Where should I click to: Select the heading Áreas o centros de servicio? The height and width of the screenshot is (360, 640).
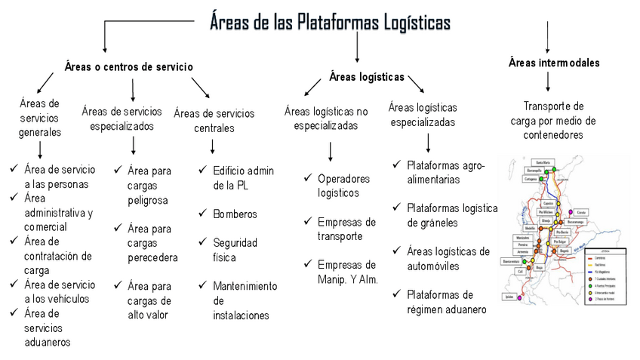(129, 67)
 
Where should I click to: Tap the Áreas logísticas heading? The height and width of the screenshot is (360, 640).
(367, 76)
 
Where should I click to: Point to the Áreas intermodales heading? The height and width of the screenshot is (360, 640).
(554, 62)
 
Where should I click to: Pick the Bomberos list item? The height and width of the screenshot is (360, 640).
(235, 214)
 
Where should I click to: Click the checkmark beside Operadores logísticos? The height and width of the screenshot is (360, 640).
(307, 178)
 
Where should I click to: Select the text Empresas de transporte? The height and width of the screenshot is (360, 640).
(346, 229)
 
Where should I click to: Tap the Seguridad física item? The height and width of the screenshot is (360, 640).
(235, 250)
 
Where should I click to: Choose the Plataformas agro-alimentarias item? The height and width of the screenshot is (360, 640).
(445, 171)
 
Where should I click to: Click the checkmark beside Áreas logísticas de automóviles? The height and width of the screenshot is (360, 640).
(396, 251)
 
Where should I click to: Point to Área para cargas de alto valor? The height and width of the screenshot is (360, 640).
(149, 300)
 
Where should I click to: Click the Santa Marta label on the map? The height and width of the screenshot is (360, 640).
(540, 162)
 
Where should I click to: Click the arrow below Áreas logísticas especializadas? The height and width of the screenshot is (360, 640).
(428, 142)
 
